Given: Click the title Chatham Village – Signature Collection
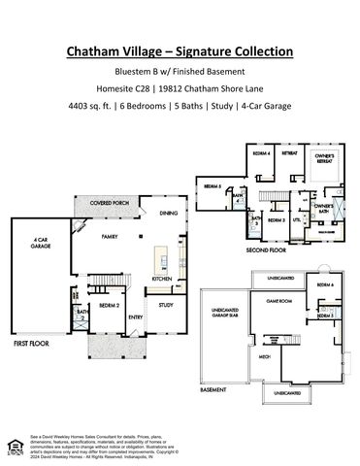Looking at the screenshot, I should pos(180,51).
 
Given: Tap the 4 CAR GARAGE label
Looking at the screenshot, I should pos(42,245).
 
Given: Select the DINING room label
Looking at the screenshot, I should pos(168,212).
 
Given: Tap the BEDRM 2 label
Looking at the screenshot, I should pos(109,305).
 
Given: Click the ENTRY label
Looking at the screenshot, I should pos(136,316).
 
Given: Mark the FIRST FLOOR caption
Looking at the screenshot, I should pos(33,344).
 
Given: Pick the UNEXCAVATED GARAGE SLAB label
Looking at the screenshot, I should pos(225,316).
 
